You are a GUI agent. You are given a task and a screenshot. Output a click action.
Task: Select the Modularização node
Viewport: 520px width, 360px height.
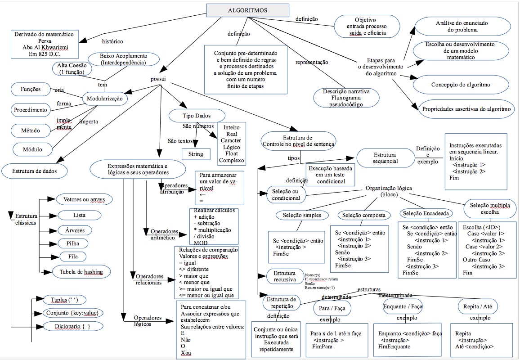(x=104, y=98)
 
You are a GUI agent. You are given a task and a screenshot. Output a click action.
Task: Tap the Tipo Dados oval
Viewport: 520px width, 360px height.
(x=196, y=116)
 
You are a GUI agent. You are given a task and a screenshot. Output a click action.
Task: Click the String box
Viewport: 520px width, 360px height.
(x=196, y=154)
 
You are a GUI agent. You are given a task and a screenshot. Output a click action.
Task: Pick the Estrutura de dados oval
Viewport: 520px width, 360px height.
(x=35, y=171)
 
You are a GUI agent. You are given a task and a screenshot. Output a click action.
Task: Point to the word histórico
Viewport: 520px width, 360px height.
(x=112, y=41)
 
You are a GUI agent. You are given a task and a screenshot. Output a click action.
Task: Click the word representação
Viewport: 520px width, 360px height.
(x=311, y=63)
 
